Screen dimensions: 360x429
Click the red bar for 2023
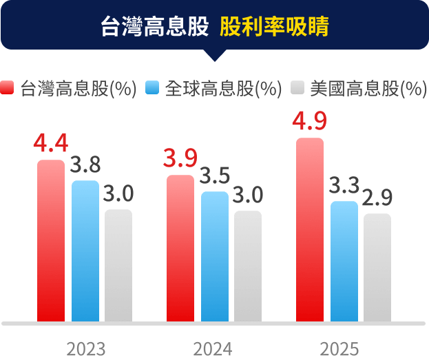point(51,241)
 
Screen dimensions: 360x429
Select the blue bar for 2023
point(85,251)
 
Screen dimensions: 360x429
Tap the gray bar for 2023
point(118,266)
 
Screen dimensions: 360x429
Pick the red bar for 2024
point(180,248)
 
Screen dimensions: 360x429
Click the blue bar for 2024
point(215,257)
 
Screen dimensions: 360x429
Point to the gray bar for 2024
point(248,266)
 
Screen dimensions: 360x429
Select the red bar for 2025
point(310,230)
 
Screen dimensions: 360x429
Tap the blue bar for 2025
point(344,262)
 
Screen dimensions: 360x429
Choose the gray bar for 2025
point(377,268)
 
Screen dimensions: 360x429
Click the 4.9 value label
point(309,120)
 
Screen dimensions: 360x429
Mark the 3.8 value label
point(85,165)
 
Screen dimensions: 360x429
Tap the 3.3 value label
point(344,185)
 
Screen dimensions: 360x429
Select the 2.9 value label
point(377,198)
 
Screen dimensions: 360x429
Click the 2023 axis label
point(86,348)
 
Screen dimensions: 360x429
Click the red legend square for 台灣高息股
point(8,88)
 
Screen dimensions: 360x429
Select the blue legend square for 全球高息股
point(153,88)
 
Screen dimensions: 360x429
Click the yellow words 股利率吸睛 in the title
point(274,28)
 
